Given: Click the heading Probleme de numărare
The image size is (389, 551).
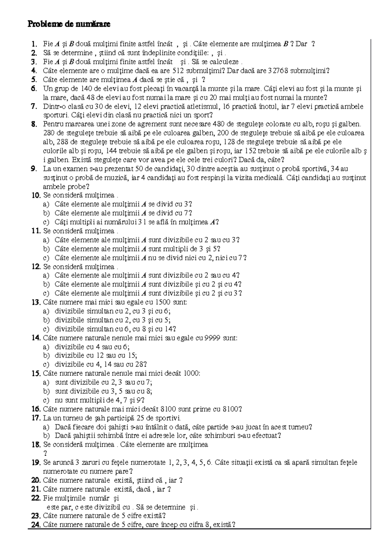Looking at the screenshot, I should point(69,24).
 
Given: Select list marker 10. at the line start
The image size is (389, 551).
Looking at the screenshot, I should point(36,195).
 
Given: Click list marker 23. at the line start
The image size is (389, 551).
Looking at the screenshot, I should point(36,516).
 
